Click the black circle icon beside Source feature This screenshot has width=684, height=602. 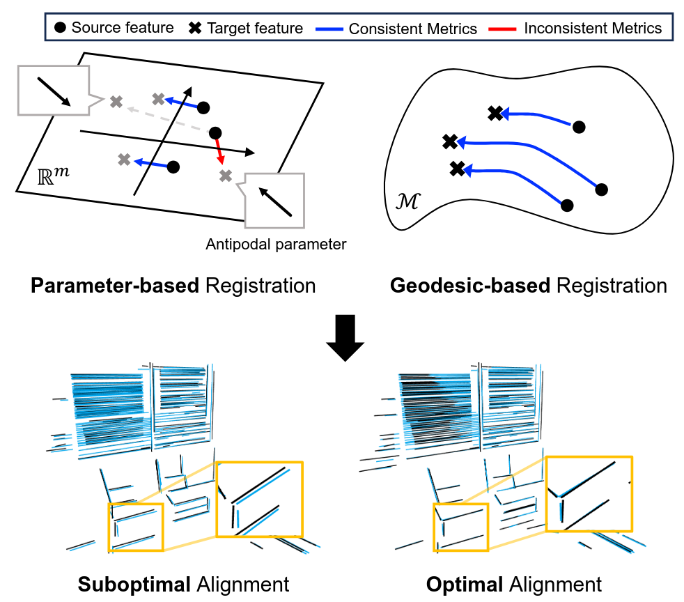point(61,29)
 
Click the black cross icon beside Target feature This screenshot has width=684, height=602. point(195,29)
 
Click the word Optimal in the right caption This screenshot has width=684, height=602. point(457,583)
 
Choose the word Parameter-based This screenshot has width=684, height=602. point(115,286)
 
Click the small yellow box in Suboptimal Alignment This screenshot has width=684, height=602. point(136,527)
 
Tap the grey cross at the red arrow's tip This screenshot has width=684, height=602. point(225,176)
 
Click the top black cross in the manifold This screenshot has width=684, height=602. point(495,113)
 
